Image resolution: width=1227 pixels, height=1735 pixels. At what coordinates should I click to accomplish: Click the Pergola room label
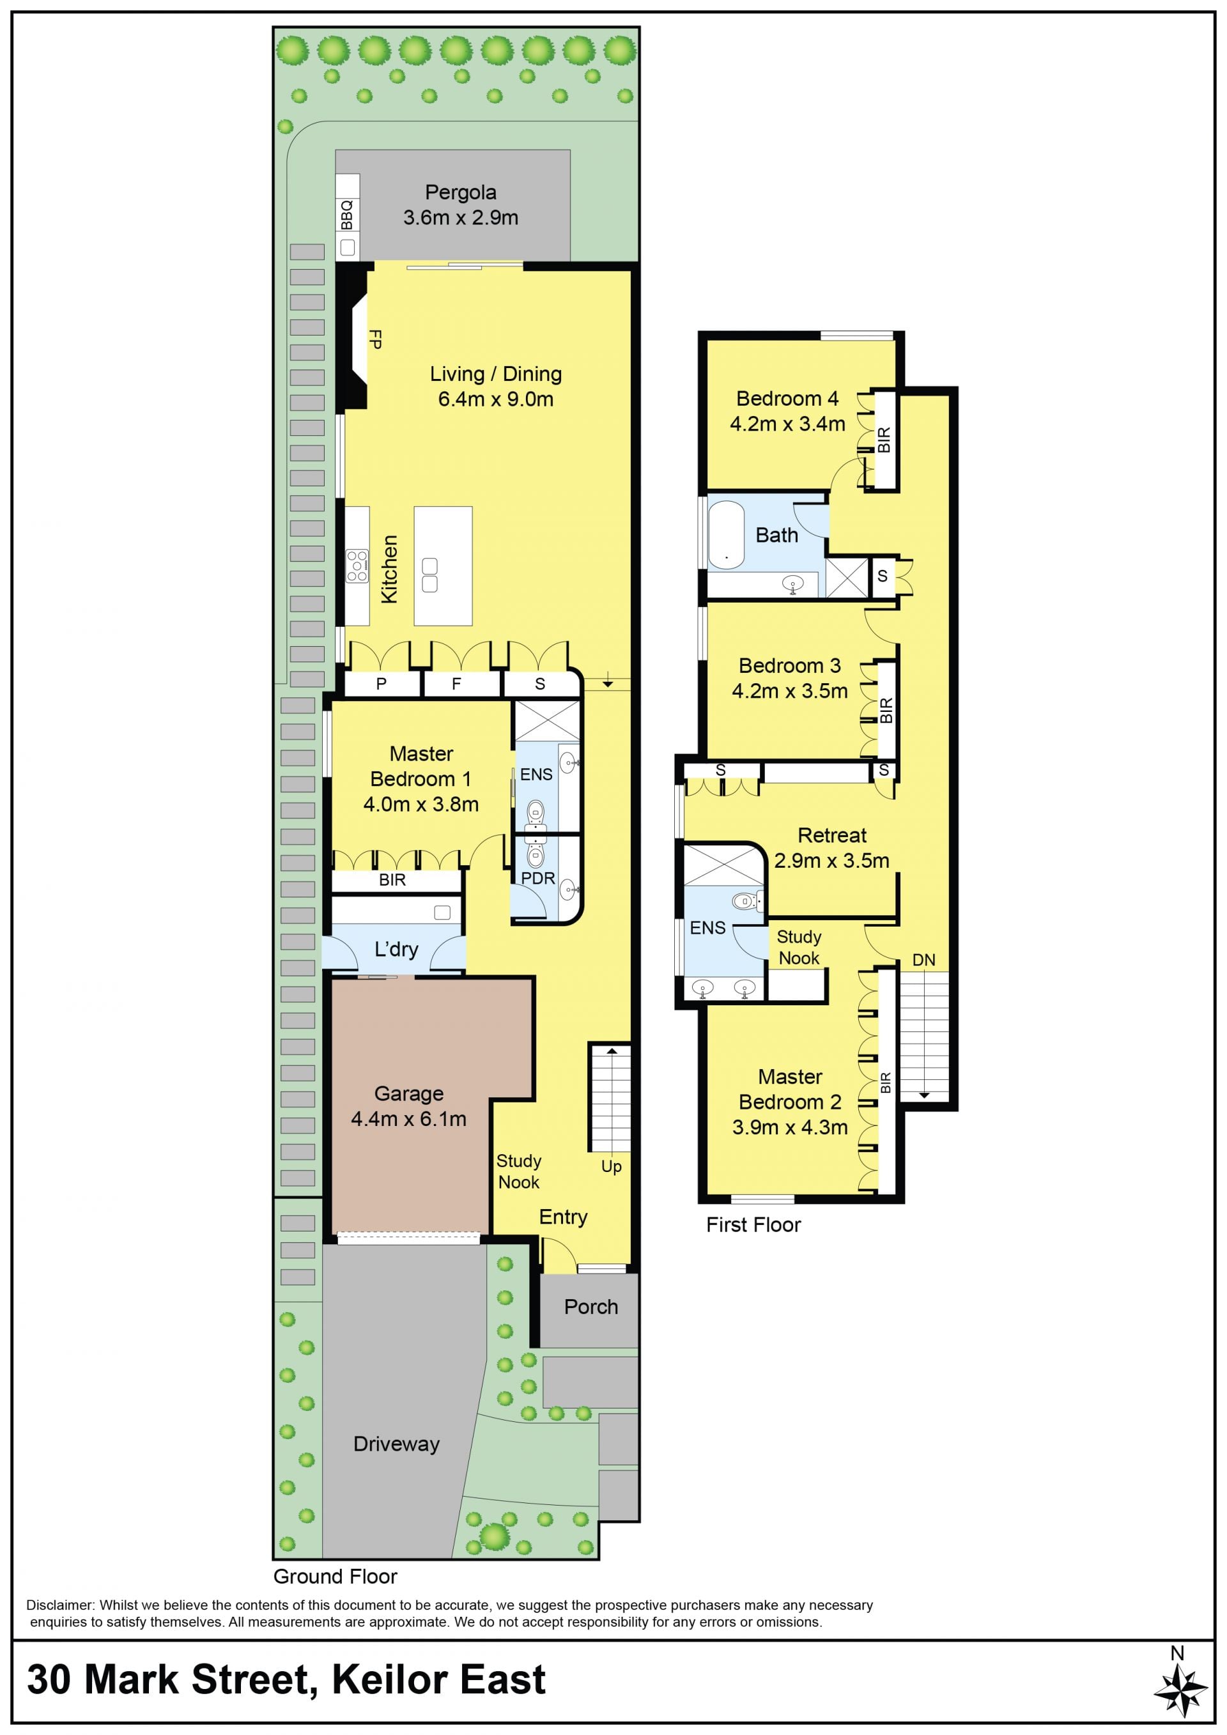[x=460, y=193]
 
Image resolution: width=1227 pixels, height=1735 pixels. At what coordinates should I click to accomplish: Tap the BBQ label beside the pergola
[x=347, y=215]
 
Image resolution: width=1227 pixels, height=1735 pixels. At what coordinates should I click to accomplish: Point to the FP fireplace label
[x=374, y=339]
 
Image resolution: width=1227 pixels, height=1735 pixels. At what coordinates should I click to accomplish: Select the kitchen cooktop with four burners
[x=357, y=567]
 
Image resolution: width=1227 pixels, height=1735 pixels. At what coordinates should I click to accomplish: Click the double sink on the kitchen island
[x=430, y=575]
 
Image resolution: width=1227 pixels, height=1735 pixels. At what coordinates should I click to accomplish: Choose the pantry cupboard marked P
[x=382, y=684]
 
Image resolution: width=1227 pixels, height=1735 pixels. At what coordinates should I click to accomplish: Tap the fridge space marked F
[x=456, y=684]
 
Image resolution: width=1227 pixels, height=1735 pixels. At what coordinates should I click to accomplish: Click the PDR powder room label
[x=538, y=878]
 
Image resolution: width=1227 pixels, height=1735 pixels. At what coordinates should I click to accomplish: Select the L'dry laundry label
[x=396, y=949]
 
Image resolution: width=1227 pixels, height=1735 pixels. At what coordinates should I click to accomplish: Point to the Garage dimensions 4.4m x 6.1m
[x=409, y=1119]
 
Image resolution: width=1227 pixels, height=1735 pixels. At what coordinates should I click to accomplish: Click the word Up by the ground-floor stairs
[x=611, y=1167]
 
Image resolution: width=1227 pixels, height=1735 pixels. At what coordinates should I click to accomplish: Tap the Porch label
[x=591, y=1307]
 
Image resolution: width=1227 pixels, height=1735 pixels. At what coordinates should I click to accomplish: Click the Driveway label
[x=397, y=1444]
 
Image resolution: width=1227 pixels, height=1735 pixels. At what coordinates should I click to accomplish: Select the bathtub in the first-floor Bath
[x=726, y=535]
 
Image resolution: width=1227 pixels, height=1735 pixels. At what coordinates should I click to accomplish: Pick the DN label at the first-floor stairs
[x=923, y=960]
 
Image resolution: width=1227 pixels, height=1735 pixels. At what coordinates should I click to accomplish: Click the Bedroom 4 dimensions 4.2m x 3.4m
[x=787, y=424]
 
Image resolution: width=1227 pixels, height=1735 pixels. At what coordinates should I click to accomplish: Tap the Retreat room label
[x=832, y=835]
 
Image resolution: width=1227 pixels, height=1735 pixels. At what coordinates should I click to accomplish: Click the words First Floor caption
[x=753, y=1225]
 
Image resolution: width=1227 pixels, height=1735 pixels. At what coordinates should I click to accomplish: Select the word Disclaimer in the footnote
[x=61, y=1605]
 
